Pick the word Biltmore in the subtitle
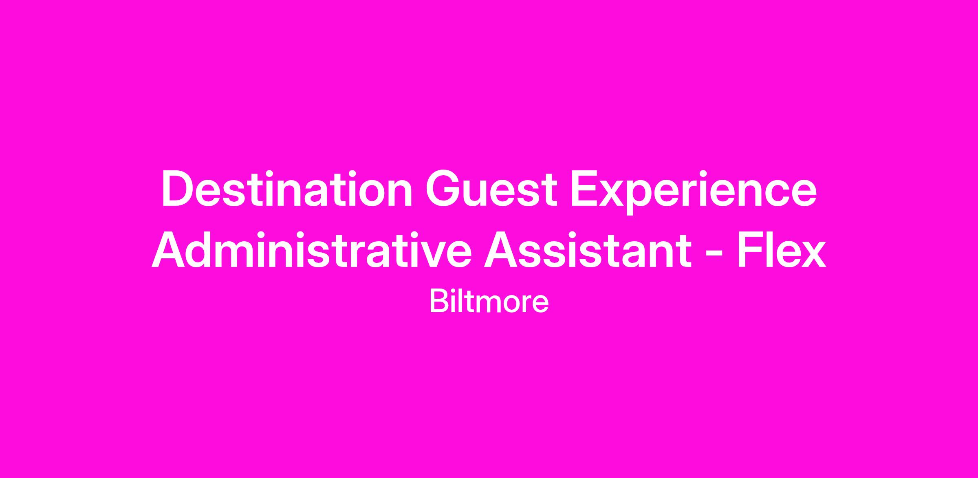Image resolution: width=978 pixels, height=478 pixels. point(489,302)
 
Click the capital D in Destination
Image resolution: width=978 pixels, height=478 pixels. point(177,190)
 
